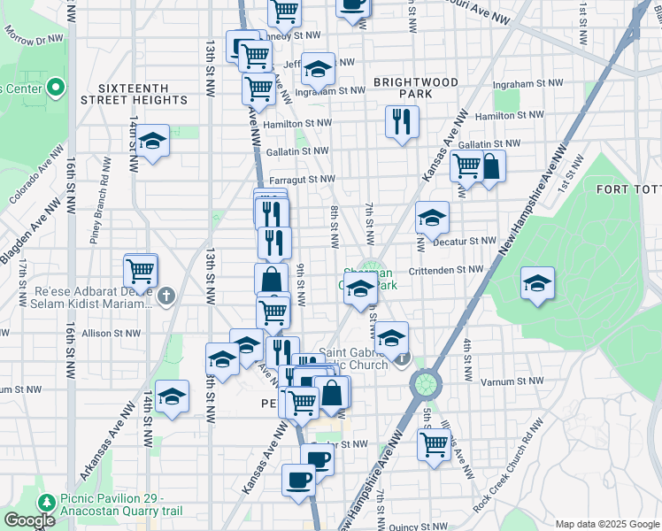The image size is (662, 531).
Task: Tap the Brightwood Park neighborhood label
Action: click(403, 88)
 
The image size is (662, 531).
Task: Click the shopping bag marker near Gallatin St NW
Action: click(489, 165)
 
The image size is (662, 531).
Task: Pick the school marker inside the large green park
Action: click(537, 283)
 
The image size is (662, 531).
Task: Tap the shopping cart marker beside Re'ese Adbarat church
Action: click(141, 271)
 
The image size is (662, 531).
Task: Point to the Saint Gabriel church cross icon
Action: click(403, 358)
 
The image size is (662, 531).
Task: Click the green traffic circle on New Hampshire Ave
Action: click(425, 383)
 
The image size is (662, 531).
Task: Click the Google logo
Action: click(29, 520)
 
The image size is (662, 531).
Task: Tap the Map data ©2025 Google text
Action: click(606, 524)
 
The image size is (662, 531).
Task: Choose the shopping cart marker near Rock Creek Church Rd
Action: click(433, 444)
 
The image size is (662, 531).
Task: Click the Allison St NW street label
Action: click(111, 334)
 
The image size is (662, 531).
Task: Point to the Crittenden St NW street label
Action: click(445, 269)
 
